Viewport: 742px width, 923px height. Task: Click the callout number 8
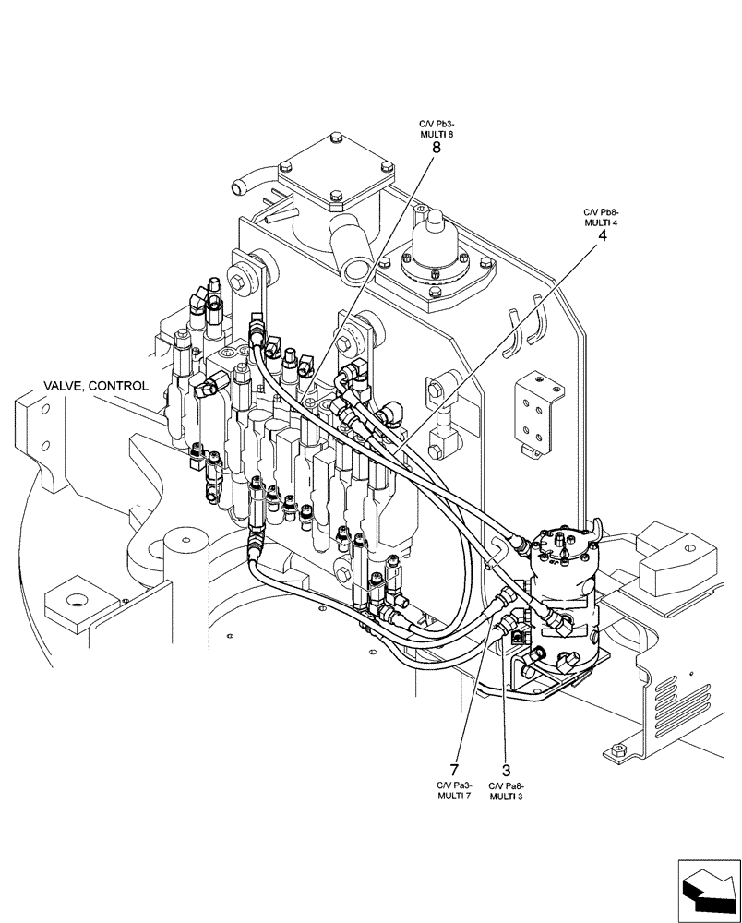click(x=436, y=147)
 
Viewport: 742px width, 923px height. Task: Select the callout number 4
click(x=603, y=235)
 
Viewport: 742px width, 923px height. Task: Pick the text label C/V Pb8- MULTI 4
click(x=602, y=217)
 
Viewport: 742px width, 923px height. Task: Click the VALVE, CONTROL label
click(x=95, y=386)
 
